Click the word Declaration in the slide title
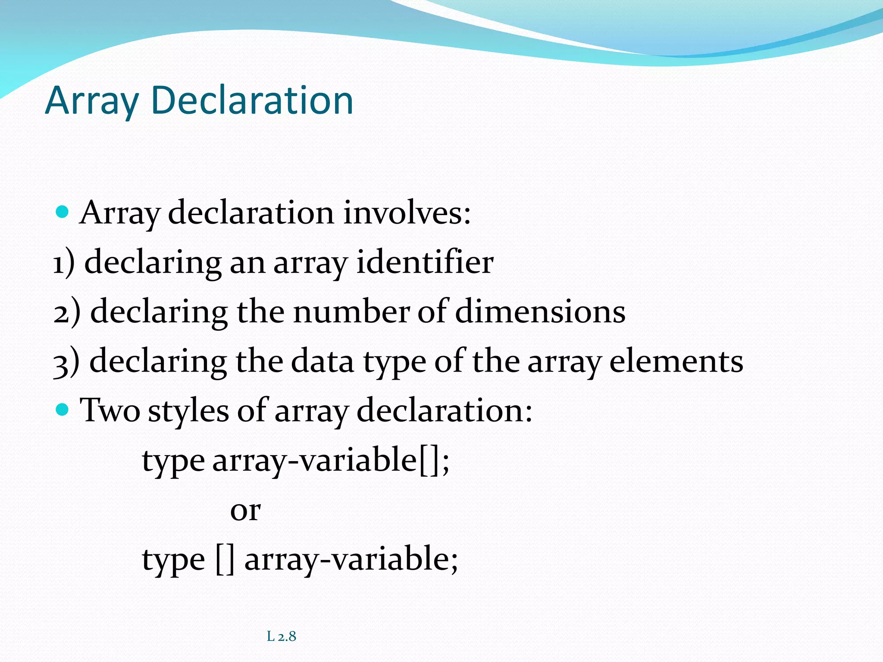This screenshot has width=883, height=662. point(252,100)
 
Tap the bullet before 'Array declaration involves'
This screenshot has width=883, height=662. point(63,212)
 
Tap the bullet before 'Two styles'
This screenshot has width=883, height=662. point(63,409)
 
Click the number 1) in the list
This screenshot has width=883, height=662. point(64,263)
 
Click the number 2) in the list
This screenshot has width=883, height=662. point(67,312)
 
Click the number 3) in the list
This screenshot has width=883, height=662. point(66,362)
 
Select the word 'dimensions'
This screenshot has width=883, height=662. point(540,312)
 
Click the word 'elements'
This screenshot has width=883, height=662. point(676,361)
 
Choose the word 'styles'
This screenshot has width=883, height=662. point(188,411)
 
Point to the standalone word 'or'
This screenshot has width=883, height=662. point(245,510)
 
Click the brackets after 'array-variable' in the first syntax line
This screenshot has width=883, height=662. point(429,461)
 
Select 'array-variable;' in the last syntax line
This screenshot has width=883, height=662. point(351,559)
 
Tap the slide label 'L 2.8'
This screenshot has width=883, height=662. point(282,636)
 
